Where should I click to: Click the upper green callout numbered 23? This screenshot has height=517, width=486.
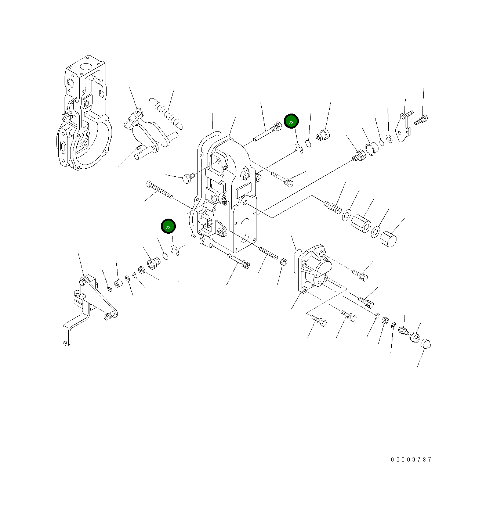pyautogui.click(x=291, y=121)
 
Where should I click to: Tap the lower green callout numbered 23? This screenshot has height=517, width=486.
pyautogui.click(x=168, y=227)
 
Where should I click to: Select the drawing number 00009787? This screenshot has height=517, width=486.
pyautogui.click(x=411, y=459)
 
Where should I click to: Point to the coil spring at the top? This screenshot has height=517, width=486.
pyautogui.click(x=167, y=112)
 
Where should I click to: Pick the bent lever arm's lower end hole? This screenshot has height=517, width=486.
pyautogui.click(x=66, y=343)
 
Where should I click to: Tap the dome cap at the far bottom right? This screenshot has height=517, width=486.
pyautogui.click(x=425, y=344)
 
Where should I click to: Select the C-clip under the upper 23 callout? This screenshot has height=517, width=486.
pyautogui.click(x=299, y=148)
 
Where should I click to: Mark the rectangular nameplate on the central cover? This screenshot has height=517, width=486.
pyautogui.click(x=243, y=191)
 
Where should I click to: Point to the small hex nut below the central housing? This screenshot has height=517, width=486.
pyautogui.click(x=283, y=262)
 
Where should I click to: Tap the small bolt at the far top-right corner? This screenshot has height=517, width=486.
pyautogui.click(x=422, y=119)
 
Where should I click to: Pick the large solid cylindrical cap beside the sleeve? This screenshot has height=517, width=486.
pyautogui.click(x=388, y=239)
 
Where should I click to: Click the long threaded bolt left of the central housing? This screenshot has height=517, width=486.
pyautogui.click(x=159, y=190)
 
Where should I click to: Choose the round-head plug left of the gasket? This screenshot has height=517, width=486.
pyautogui.click(x=187, y=179)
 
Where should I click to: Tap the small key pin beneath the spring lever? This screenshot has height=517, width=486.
pyautogui.click(x=139, y=148)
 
